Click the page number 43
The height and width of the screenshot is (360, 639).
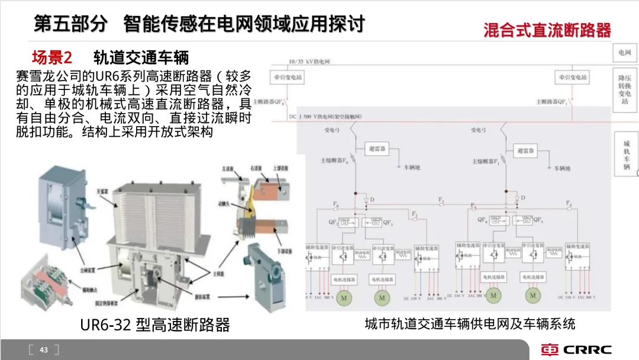coord(43,350)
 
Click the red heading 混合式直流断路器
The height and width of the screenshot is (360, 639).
coord(547,30)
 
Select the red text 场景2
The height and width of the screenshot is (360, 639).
coord(51,57)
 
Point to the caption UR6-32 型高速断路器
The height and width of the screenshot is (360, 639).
coord(154,324)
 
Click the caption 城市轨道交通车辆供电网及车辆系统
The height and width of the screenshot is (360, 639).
coord(470,323)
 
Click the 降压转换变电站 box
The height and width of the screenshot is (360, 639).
coord(625,89)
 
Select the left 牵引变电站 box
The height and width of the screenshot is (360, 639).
coord(306,78)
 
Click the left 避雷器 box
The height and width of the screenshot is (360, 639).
coord(376,149)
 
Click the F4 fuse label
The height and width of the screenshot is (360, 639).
coord(569,204)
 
